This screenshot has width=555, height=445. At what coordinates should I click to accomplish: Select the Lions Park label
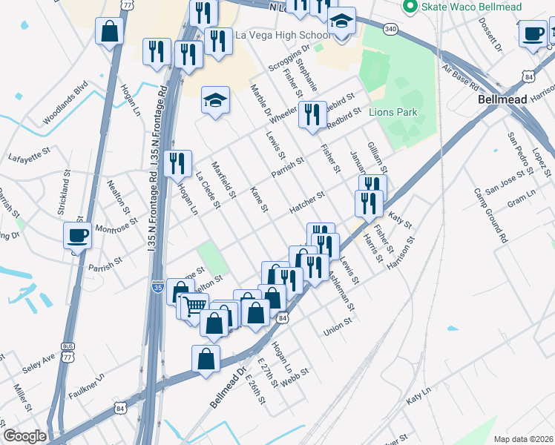[393, 113]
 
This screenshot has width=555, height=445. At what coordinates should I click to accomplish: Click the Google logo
[24, 436]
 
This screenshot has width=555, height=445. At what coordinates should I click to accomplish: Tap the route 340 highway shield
[390, 29]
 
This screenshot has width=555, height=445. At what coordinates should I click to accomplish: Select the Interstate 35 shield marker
[157, 286]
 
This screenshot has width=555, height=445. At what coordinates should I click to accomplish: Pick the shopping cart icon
[193, 304]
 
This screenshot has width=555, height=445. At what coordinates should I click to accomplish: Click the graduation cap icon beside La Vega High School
[341, 22]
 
